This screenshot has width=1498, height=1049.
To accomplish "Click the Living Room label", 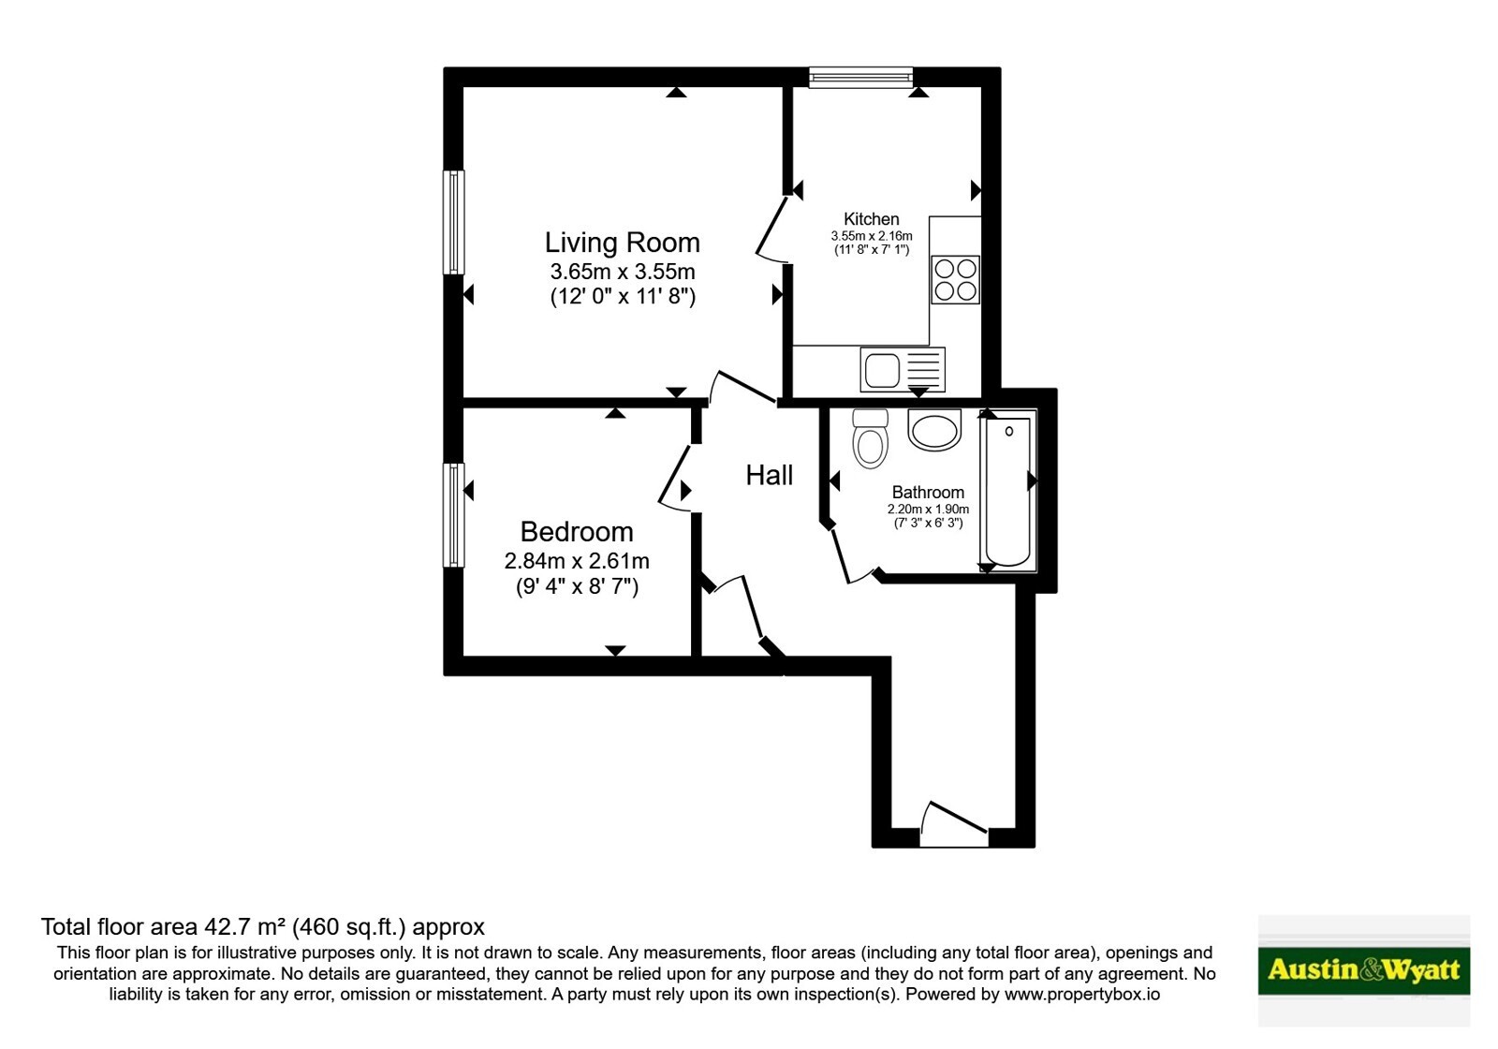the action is (x=622, y=243).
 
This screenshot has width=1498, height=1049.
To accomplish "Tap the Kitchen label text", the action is (x=872, y=219).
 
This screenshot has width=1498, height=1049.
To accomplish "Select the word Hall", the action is (x=769, y=475).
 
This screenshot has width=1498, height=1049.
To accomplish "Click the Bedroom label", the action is (x=577, y=531).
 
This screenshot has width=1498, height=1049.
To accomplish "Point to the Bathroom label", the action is (x=928, y=493).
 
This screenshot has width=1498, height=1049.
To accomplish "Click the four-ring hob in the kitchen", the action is (x=956, y=280).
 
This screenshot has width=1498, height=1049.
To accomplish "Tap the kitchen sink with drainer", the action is (x=903, y=369).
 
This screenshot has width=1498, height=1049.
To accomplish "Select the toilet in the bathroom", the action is (x=870, y=438).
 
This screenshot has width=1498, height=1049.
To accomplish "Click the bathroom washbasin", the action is (x=934, y=429).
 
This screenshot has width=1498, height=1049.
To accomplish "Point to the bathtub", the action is (x=1007, y=491).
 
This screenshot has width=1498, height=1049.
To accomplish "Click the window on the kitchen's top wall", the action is (x=860, y=77).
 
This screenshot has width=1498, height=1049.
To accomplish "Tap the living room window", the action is (x=453, y=222).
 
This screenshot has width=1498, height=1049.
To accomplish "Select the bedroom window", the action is (x=453, y=515).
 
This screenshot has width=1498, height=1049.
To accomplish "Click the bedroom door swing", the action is (x=674, y=479).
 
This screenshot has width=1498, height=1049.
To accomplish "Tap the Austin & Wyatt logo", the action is (x=1363, y=969).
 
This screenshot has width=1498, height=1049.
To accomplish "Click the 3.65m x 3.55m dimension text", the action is (x=623, y=272).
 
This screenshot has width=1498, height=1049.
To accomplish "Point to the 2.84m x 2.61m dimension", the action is (x=577, y=561).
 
